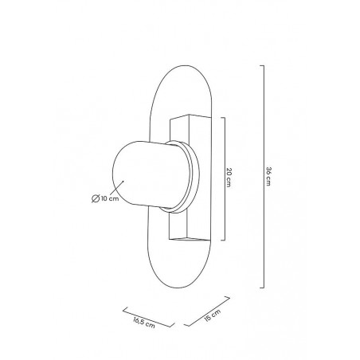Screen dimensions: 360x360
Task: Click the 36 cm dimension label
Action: pos(268,176)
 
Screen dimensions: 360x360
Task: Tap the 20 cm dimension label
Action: pos(229,178)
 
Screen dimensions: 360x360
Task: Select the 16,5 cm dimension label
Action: pos(144,323)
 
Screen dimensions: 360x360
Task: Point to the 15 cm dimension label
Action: pos(213,315)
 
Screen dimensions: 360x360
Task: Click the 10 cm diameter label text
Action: pos(110,198)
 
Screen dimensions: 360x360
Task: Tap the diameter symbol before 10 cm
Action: pos(96,198)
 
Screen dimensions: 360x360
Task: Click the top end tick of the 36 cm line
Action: pos(262,65)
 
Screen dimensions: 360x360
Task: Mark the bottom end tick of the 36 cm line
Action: pos(262,288)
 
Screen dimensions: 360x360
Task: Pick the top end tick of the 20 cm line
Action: pos(223,118)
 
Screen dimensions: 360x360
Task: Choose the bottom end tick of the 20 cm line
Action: pos(223,240)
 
